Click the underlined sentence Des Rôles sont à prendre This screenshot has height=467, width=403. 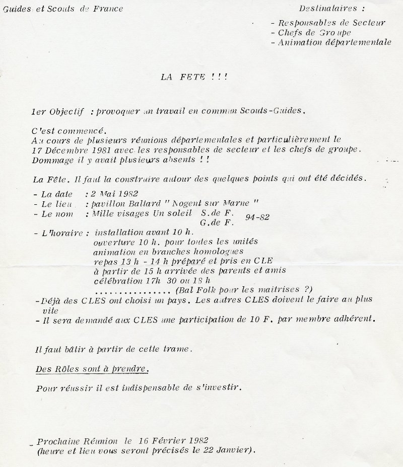(x=92, y=368)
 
